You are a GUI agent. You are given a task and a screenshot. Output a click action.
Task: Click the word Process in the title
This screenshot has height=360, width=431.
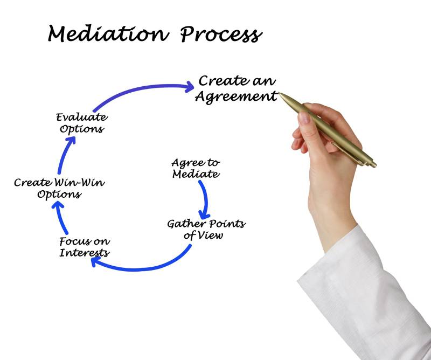point(221,35)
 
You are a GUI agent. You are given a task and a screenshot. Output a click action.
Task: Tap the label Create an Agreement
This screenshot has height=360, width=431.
point(236,89)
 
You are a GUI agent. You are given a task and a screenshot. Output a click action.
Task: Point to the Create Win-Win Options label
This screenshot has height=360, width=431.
point(59,188)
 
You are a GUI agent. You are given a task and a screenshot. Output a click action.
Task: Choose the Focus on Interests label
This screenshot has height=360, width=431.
point(85,247)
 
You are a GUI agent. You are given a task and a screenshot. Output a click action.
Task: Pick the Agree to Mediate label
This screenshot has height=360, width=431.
point(195,168)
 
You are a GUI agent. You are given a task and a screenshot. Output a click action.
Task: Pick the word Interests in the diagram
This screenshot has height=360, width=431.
point(85,253)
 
